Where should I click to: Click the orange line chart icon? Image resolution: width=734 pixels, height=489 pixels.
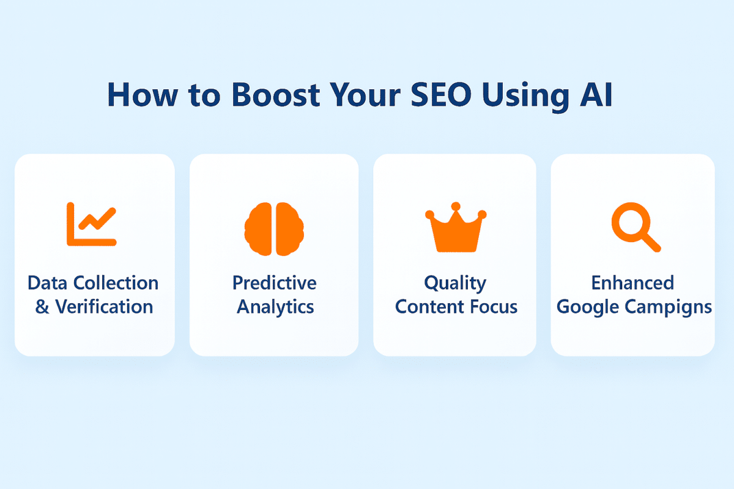click(92, 224)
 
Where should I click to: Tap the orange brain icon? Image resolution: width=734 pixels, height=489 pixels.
click(274, 229)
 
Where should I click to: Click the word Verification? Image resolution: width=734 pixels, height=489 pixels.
click(105, 306)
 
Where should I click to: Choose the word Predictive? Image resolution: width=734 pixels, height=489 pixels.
click(275, 283)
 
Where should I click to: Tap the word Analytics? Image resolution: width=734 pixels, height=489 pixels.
click(275, 306)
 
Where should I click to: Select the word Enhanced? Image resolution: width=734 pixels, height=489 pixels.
click(632, 283)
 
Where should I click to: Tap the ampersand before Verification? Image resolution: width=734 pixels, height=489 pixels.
click(42, 306)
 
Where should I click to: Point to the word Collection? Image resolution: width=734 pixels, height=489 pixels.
click(116, 283)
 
